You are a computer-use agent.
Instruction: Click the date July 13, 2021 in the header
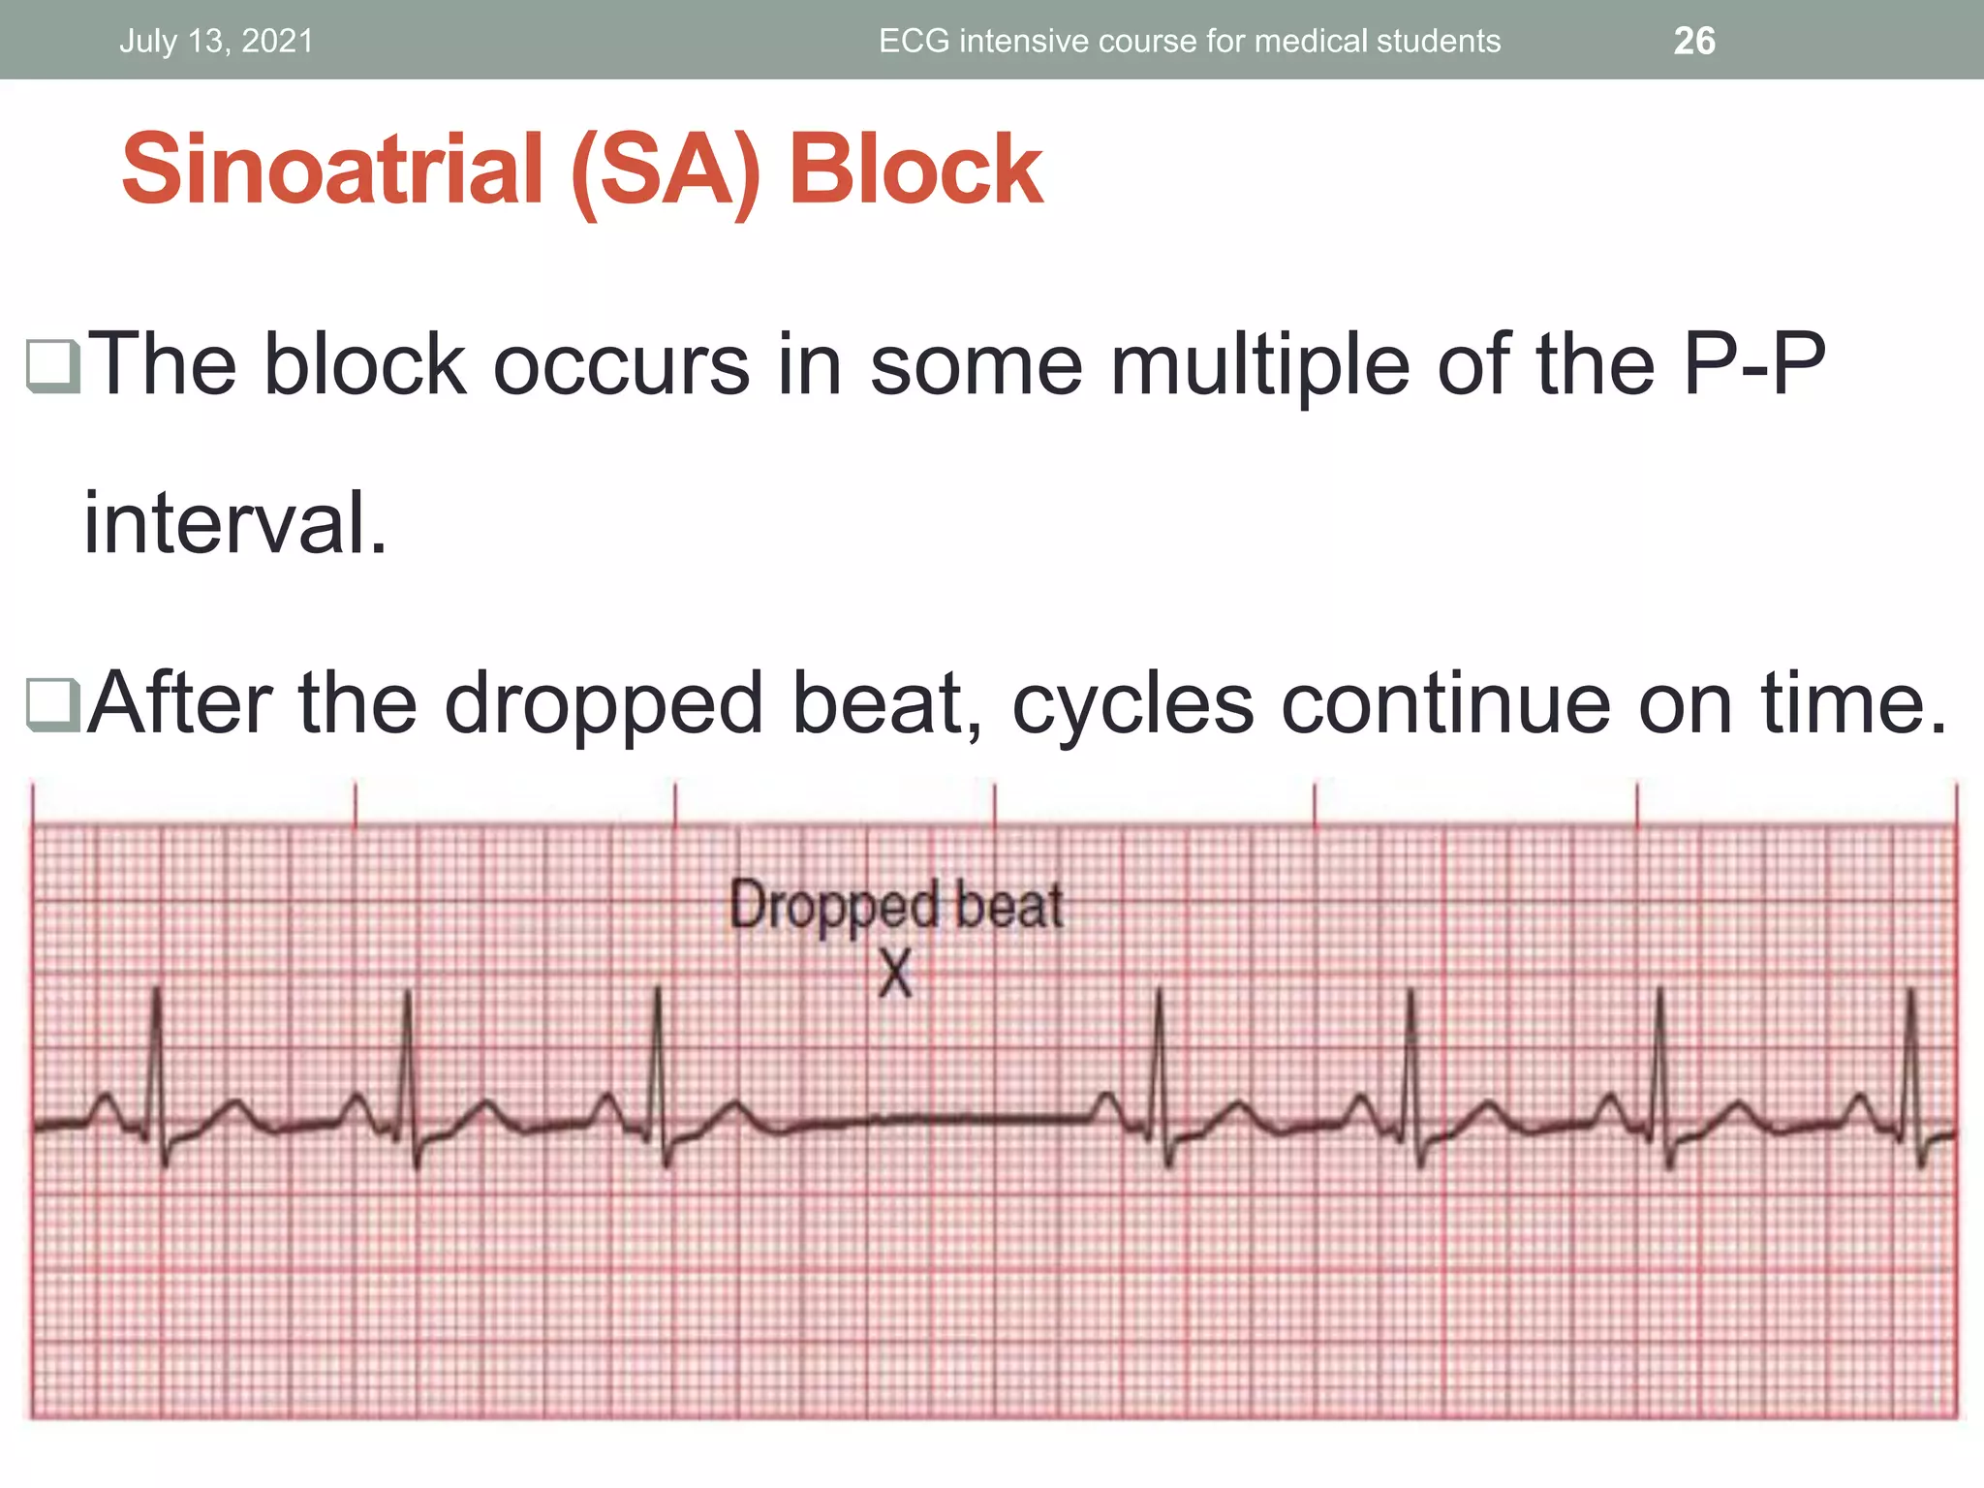point(216,42)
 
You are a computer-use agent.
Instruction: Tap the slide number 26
point(1694,42)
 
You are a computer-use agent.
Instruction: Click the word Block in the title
point(915,170)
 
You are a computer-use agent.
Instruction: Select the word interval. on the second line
point(235,524)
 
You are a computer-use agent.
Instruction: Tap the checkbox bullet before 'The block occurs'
point(53,366)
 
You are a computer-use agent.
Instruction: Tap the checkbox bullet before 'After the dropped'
point(53,704)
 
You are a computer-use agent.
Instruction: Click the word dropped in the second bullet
point(604,704)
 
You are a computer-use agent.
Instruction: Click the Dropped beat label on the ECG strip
point(896,907)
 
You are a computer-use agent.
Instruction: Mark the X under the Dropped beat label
point(896,973)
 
